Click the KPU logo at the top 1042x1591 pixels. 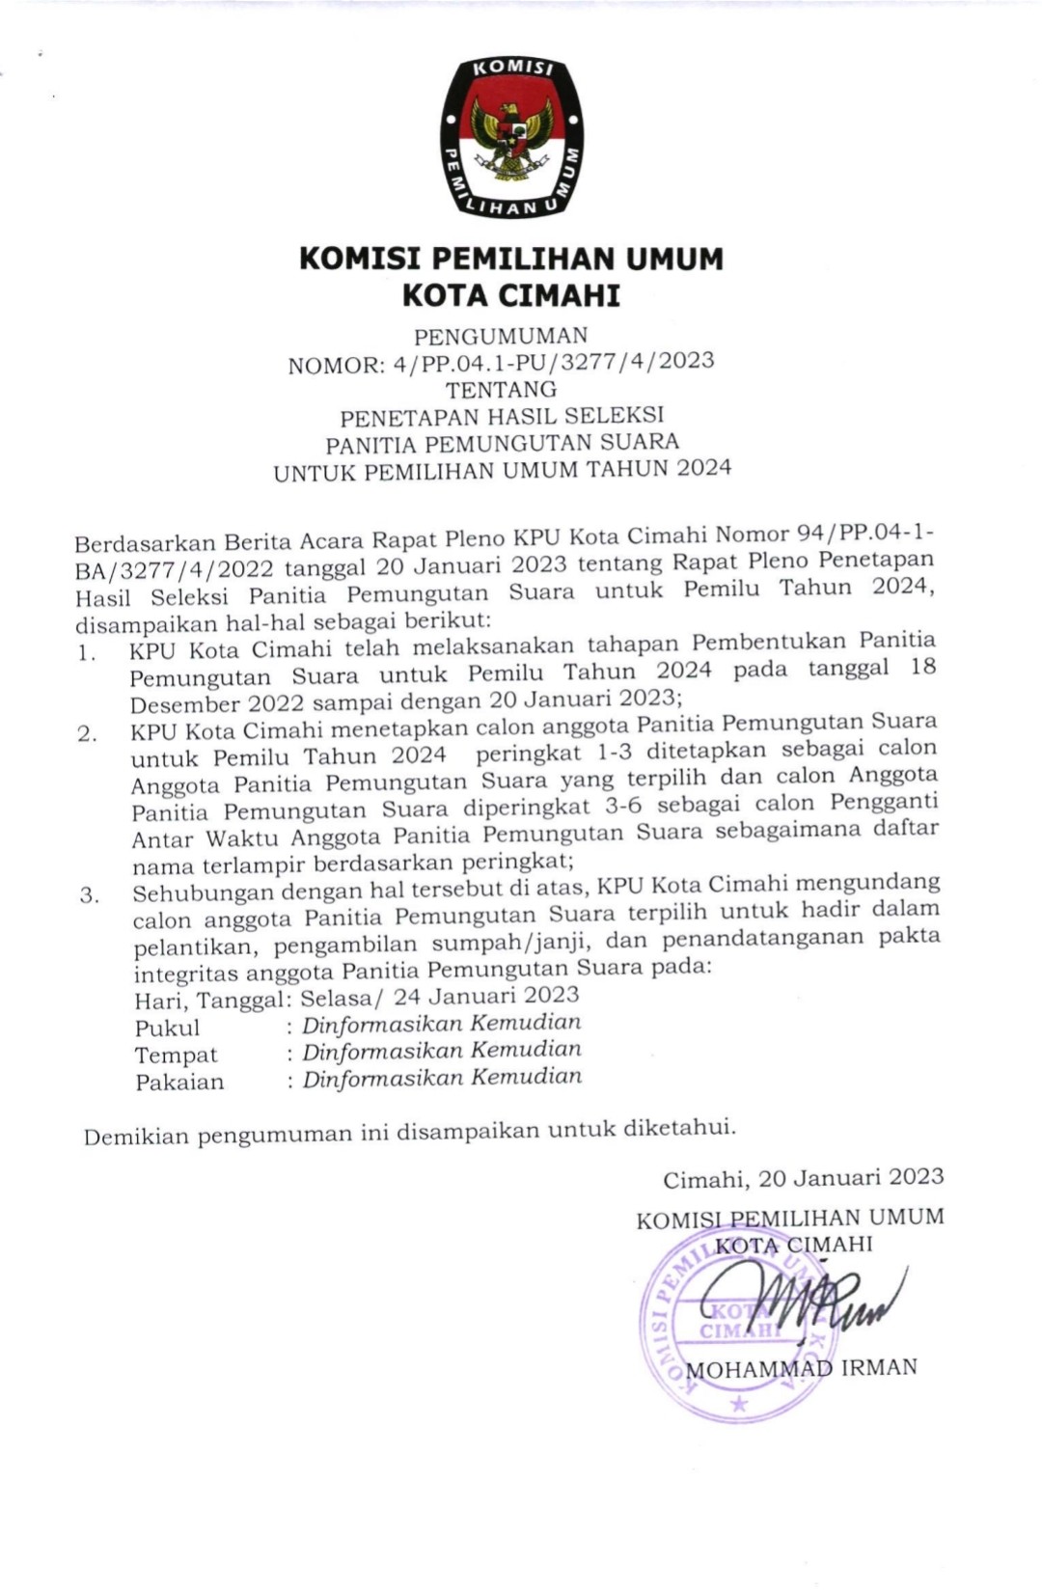click(x=511, y=137)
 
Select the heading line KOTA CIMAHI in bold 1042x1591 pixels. click(x=510, y=295)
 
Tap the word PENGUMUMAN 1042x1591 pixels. click(x=501, y=337)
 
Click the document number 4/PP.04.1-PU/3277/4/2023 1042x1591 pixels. click(x=554, y=363)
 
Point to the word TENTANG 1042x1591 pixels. click(x=501, y=390)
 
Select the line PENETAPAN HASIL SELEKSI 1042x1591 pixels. click(x=502, y=417)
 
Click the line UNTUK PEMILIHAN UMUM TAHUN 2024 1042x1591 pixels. click(x=502, y=471)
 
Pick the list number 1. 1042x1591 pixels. click(x=87, y=653)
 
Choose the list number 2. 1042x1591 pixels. click(x=87, y=733)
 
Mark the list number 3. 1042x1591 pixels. click(x=89, y=895)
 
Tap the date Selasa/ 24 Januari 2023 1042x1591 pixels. click(x=439, y=996)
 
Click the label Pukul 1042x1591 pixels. click(x=167, y=1029)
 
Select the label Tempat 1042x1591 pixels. click(x=176, y=1056)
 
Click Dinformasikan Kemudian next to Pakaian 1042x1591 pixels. click(x=442, y=1078)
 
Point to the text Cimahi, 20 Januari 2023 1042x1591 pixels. click(x=803, y=1178)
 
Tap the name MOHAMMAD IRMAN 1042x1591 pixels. click(x=801, y=1368)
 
